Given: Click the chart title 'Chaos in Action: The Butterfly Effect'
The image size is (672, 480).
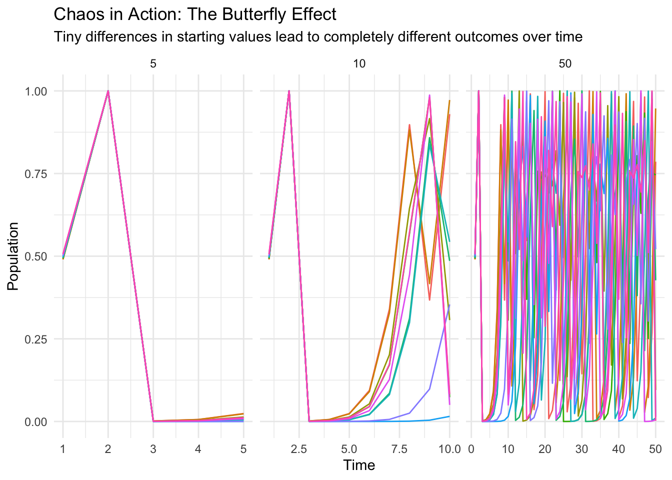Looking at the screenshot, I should point(195,14).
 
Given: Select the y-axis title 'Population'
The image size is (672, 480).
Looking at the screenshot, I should point(13,256).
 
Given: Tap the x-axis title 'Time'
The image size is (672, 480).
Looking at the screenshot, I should point(359,465).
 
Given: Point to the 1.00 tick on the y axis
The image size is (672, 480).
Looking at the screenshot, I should point(36,91).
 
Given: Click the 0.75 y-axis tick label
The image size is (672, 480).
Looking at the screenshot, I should point(36,174).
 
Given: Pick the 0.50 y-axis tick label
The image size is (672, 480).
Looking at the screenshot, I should point(36,256).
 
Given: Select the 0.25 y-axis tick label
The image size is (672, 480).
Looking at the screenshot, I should point(36,339).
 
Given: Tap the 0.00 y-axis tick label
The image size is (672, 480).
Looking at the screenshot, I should point(36,421).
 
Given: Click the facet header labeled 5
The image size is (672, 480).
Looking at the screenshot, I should point(153,64).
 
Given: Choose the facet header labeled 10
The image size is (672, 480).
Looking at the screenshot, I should point(359,64).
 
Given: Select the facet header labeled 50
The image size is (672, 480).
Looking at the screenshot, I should point(565,64).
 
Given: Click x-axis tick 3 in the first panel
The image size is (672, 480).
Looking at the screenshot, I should point(153,449).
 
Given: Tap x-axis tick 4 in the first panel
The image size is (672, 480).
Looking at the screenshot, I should point(198,449).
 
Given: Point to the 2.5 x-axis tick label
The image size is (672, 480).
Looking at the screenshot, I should point(299,449).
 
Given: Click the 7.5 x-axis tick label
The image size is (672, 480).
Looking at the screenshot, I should point(399,449).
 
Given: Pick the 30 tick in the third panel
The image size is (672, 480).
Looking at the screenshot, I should point(581,449).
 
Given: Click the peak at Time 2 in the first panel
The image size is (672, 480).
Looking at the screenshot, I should point(108,91).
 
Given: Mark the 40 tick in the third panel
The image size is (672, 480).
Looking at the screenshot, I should point(618,449).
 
